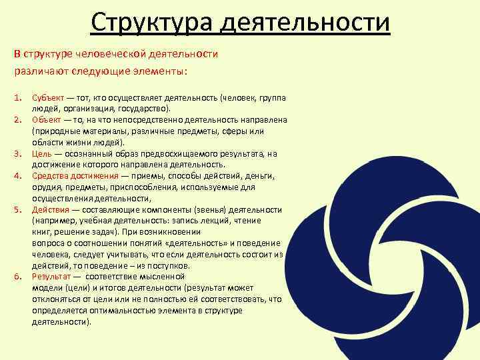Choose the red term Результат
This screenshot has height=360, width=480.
(x=51, y=275)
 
